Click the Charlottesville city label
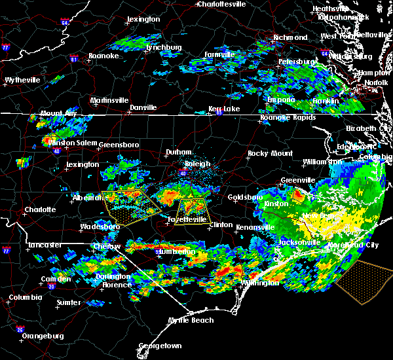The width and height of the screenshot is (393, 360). [222, 4]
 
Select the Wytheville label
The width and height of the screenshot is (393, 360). [22, 80]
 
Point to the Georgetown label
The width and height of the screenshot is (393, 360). [160, 345]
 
